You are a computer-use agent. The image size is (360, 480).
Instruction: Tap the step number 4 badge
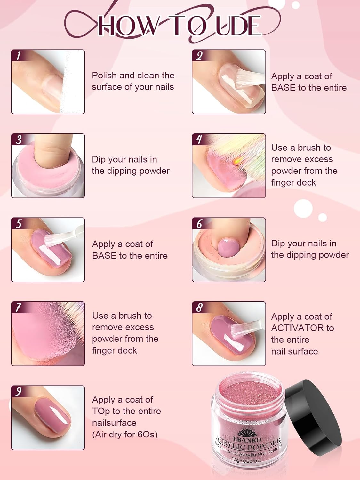[x=199, y=140]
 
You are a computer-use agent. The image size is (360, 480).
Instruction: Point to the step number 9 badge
[x=18, y=391]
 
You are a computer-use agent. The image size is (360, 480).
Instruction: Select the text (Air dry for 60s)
[x=125, y=435]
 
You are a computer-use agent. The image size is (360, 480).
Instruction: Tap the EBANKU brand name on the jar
[x=247, y=439]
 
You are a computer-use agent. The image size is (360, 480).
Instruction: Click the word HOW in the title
[x=128, y=26]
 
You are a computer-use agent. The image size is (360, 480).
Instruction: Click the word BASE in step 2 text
[x=283, y=88]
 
